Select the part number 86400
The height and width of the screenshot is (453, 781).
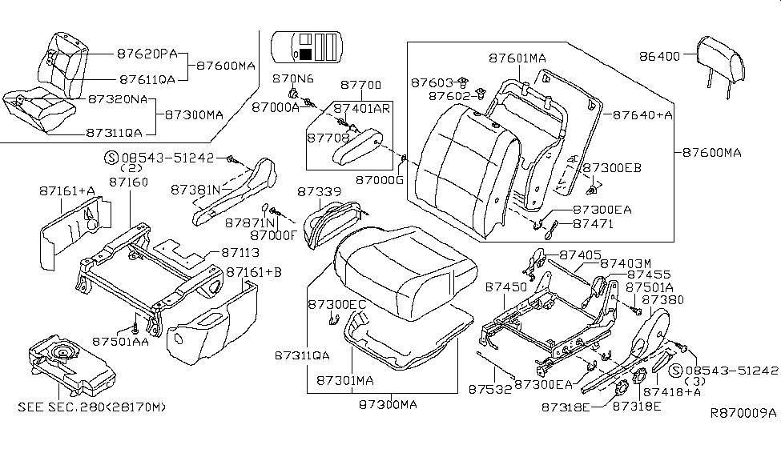point(659,57)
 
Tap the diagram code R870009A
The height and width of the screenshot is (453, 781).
point(743,414)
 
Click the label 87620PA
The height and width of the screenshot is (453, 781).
point(147,54)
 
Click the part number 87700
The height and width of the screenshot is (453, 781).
point(360,85)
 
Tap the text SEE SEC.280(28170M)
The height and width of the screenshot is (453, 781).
point(92,407)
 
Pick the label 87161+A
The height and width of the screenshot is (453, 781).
point(66,190)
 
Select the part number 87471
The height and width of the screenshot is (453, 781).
point(594,225)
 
